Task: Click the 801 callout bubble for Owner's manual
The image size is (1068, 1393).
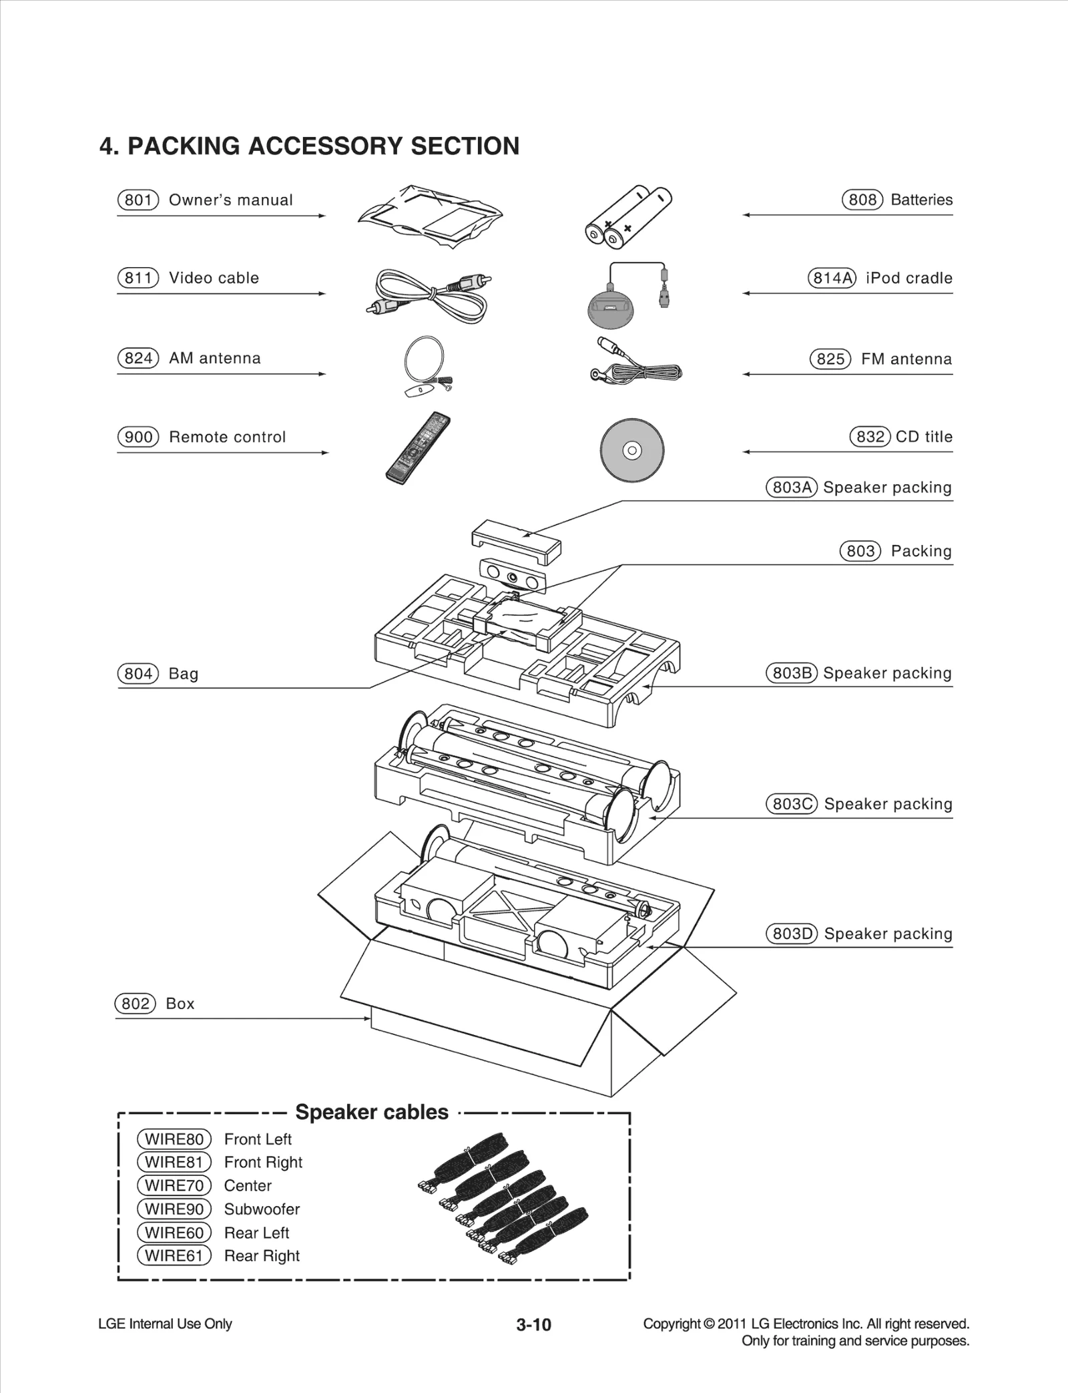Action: [138, 200]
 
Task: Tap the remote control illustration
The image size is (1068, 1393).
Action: [419, 448]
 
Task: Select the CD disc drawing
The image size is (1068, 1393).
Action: [631, 451]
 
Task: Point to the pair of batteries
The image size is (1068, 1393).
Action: [628, 216]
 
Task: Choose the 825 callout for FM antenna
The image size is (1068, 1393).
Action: [830, 359]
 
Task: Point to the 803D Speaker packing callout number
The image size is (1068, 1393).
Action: [792, 934]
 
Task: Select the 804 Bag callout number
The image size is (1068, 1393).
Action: [138, 674]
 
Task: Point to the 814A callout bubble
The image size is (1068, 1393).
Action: [832, 278]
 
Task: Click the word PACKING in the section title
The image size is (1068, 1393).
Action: [184, 146]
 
